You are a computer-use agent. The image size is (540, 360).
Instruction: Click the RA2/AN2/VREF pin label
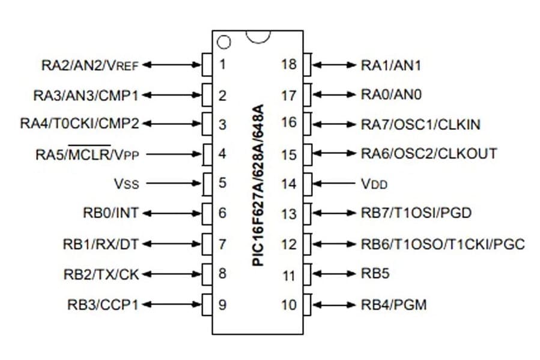point(89,65)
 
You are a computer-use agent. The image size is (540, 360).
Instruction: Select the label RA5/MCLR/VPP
point(88,154)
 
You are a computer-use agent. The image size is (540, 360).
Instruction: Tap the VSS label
point(127,184)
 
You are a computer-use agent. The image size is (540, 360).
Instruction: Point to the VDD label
point(374,184)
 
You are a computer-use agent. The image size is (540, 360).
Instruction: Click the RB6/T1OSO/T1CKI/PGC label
point(443,244)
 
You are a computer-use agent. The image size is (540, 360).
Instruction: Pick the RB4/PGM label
point(393,305)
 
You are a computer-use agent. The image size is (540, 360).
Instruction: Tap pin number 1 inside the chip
point(222,64)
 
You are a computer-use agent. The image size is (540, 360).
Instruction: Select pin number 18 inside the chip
point(289,64)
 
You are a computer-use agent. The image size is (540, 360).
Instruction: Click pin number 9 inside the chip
point(222,305)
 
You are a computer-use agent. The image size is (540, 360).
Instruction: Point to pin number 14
point(289,184)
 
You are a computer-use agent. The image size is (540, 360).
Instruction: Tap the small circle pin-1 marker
point(223,42)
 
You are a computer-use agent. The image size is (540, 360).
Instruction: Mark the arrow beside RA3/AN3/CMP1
point(171,94)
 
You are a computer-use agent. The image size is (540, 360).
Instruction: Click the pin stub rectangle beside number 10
point(306,304)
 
